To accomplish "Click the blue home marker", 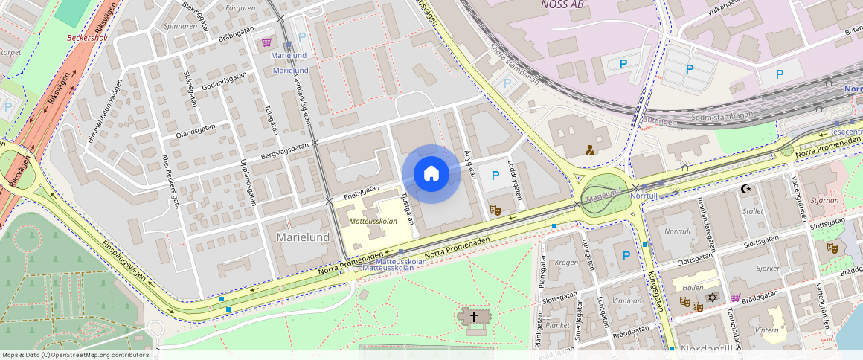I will pos(431,174).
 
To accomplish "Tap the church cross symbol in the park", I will pos(473,316).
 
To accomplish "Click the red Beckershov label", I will pos(88,36).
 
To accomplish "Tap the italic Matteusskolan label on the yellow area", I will pos(373,221).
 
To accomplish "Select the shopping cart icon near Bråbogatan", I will pos(266,42).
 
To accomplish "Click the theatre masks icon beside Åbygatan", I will pos(495,210).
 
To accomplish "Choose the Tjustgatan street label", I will pos(406,208).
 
